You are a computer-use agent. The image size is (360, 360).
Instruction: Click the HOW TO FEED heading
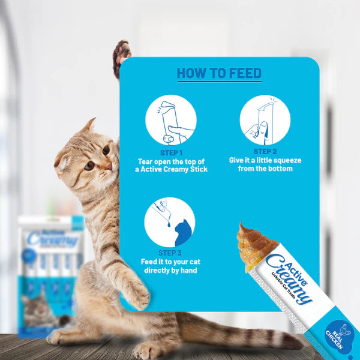[x=219, y=74]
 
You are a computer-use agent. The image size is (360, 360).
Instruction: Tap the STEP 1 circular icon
[x=170, y=120]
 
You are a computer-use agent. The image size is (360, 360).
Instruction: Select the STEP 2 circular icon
[x=265, y=119]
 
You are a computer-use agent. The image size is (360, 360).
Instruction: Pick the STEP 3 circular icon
[x=170, y=222]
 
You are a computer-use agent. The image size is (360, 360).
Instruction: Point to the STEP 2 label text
[x=265, y=152]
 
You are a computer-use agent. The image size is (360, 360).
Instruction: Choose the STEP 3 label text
[x=170, y=253]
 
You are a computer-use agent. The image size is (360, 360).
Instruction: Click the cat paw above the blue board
[x=122, y=58]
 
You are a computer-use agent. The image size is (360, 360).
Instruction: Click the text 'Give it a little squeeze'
[x=265, y=161]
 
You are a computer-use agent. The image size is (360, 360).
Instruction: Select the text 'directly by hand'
[x=170, y=271]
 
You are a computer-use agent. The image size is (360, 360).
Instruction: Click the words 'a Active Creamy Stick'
[x=171, y=170]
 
